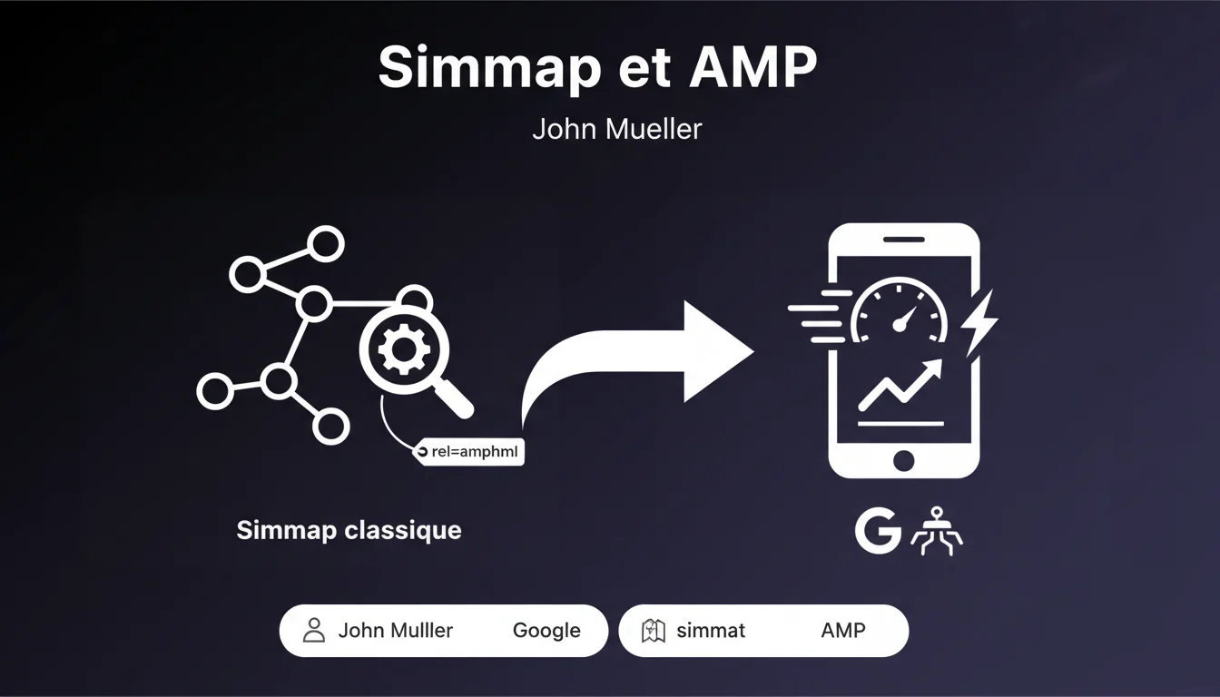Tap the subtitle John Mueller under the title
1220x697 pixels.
click(616, 129)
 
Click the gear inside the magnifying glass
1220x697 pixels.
click(398, 350)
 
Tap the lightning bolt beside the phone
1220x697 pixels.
click(979, 323)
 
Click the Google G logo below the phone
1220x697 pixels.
click(878, 531)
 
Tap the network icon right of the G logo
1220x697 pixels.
click(936, 531)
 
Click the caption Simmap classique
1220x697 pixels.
click(349, 530)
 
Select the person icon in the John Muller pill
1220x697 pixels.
click(314, 630)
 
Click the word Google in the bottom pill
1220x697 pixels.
click(546, 631)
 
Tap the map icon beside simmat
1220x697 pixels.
click(654, 631)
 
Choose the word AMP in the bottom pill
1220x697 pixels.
click(842, 631)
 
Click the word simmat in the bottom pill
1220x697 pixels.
click(711, 631)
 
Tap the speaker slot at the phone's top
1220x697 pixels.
click(903, 240)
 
